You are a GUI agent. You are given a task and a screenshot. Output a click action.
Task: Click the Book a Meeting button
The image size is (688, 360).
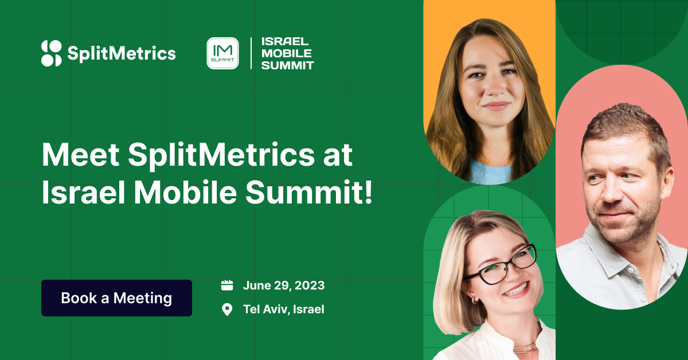coord(116,298)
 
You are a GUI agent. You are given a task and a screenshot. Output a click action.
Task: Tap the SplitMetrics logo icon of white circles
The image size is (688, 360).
coord(51,53)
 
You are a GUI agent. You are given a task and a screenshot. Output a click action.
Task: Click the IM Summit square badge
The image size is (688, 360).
coord(222,53)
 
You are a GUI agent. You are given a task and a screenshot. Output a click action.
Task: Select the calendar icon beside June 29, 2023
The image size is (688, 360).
coord(227,285)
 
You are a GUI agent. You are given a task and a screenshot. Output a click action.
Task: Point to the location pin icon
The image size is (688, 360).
coord(227,310)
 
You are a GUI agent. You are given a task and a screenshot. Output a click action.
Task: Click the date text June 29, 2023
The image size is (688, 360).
coord(283,285)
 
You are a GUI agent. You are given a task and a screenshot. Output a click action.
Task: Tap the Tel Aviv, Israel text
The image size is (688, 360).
coord(283,310)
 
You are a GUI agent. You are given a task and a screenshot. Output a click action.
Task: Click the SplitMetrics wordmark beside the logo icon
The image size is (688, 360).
coord(122,54)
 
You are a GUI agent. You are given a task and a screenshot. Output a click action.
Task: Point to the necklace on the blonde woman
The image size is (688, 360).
coord(524,347)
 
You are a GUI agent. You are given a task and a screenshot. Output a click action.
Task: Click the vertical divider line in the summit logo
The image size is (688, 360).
coord(251,53)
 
